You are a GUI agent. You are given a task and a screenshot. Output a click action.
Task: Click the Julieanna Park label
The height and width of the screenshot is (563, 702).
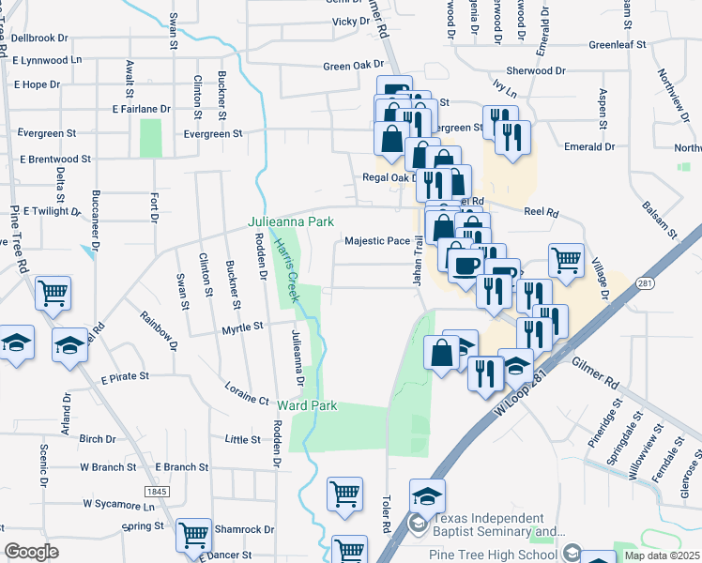point(291,222)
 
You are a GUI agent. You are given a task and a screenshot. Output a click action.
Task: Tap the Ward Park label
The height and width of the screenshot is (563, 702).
point(306,405)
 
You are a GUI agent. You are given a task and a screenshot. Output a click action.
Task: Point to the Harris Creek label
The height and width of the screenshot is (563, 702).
point(285,268)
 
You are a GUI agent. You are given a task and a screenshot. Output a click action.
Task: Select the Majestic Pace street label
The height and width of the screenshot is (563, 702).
point(377,241)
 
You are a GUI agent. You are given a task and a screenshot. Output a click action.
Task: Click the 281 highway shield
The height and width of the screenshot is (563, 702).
point(643,283)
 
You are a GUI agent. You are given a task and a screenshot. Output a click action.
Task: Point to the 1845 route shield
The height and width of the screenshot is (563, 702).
point(157,492)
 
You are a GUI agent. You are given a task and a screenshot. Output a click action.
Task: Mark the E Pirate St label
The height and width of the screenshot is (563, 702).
point(125,376)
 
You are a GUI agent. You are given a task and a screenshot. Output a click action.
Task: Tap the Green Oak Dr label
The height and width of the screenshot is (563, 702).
point(348,67)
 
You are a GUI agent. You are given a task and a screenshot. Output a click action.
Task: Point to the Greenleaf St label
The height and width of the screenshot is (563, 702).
point(618,44)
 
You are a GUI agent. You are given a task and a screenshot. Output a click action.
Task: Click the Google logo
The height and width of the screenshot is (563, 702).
point(31,552)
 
